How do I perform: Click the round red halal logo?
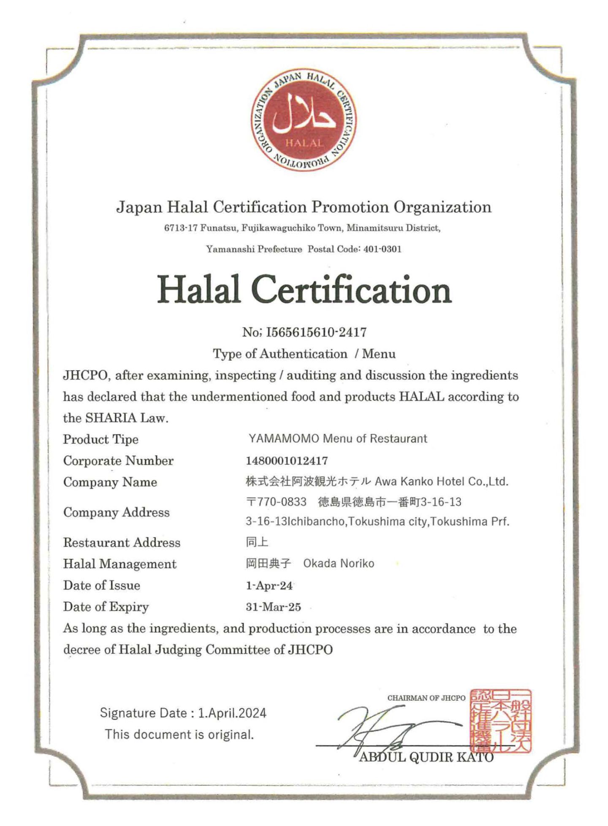click(x=304, y=120)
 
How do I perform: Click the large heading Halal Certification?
click(x=304, y=290)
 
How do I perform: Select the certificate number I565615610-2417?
click(x=316, y=333)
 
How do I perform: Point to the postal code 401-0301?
click(x=382, y=249)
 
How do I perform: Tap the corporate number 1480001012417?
click(x=287, y=460)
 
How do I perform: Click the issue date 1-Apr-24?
click(x=269, y=586)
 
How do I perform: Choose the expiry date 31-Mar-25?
click(x=273, y=607)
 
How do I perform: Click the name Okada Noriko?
click(x=339, y=563)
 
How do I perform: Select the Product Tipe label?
click(x=101, y=439)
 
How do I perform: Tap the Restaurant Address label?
click(x=122, y=542)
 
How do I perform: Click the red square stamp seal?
click(x=501, y=721)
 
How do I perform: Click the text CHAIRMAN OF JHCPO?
click(x=426, y=698)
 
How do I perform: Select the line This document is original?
click(x=179, y=734)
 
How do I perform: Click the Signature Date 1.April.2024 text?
click(x=183, y=713)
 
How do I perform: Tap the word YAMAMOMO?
click(x=284, y=439)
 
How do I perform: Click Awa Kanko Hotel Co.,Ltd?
click(x=441, y=481)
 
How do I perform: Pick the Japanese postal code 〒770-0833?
click(x=276, y=502)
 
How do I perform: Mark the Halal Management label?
click(x=120, y=564)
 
